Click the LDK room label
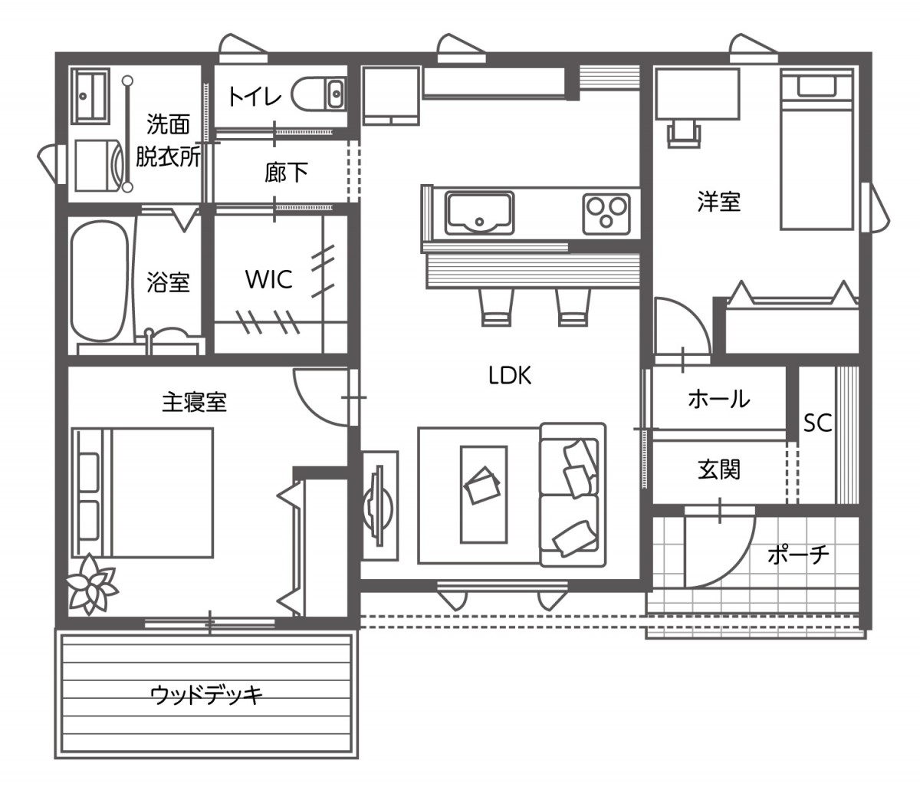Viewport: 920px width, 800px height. (x=510, y=375)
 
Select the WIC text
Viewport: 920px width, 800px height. (x=268, y=279)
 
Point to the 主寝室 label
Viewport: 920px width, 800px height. (x=194, y=401)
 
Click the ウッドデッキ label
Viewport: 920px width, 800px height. (x=207, y=695)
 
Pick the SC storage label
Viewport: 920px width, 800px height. (x=817, y=423)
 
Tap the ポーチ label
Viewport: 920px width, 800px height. (x=798, y=554)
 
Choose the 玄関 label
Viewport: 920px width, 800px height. (x=719, y=469)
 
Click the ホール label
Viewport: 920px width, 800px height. (x=718, y=399)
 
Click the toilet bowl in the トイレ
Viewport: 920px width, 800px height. (x=318, y=94)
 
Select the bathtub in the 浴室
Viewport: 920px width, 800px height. (x=98, y=282)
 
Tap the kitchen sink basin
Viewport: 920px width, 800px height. (x=480, y=211)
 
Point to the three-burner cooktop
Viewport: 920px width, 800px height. (x=606, y=212)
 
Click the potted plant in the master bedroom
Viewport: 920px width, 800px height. (x=92, y=584)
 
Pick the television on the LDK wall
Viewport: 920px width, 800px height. (x=378, y=500)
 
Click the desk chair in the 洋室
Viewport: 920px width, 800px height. (x=685, y=132)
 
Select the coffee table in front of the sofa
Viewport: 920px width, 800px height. (x=483, y=495)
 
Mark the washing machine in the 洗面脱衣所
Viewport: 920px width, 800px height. (x=98, y=164)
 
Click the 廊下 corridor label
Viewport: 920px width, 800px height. (x=286, y=173)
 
